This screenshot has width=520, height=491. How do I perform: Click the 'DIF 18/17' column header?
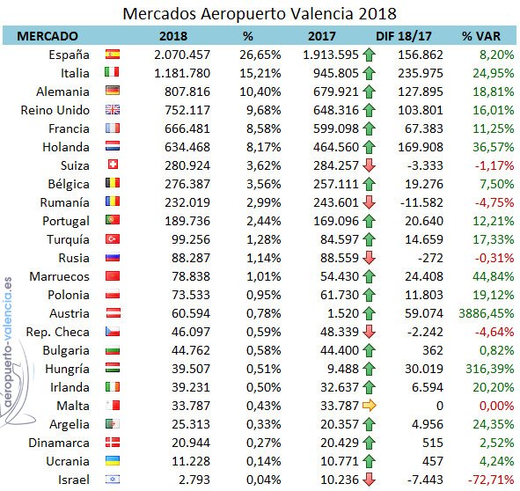[x=403, y=36]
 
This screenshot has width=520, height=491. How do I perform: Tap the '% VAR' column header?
[x=481, y=36]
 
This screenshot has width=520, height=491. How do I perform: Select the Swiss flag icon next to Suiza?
[x=113, y=165]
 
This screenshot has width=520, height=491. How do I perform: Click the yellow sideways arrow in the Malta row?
[x=370, y=406]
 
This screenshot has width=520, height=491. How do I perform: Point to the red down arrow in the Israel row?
[x=369, y=480]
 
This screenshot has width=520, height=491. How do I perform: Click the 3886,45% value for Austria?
[x=487, y=313]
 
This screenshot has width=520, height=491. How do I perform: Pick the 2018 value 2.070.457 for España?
[x=182, y=55]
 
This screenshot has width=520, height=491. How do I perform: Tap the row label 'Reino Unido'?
[x=55, y=110]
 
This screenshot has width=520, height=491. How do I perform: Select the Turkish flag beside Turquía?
[x=113, y=238]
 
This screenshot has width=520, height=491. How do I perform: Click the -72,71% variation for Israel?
[x=491, y=480]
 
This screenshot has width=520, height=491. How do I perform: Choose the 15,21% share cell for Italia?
[x=260, y=73]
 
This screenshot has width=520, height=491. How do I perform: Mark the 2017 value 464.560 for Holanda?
[x=336, y=147]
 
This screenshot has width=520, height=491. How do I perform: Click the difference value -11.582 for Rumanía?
[x=421, y=202]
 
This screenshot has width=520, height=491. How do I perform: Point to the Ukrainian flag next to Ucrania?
[x=113, y=461]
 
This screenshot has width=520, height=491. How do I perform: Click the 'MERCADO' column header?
[x=48, y=36]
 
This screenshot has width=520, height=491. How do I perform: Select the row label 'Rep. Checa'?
[x=58, y=332]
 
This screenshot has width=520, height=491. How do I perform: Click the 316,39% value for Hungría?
[x=490, y=369]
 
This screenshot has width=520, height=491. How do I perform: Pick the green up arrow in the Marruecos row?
[x=369, y=276]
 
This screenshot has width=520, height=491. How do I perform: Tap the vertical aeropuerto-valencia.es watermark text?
[x=8, y=341]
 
